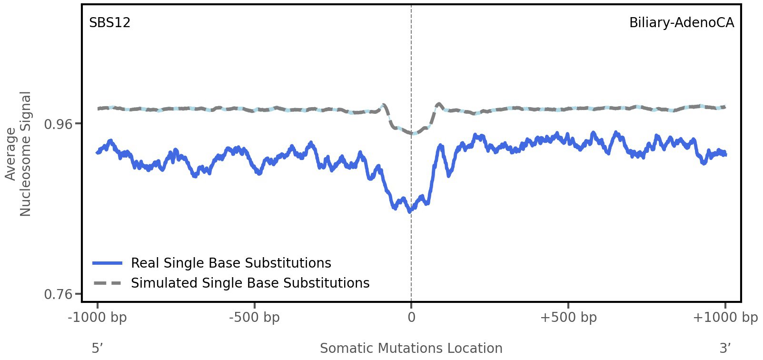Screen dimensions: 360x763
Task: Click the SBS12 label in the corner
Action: point(109,23)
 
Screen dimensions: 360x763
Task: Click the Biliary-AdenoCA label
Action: point(681,23)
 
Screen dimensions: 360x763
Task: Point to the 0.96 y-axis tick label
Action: point(58,124)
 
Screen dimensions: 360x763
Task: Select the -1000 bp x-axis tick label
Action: point(98,318)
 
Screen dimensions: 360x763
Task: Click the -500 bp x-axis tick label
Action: point(254,318)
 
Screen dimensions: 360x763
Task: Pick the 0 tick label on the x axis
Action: point(411,318)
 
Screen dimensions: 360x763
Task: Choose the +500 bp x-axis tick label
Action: point(568,318)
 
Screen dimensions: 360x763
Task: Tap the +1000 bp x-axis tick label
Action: point(725,318)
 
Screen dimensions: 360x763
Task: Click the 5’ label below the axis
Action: point(97,348)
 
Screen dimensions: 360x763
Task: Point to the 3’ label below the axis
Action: point(725,348)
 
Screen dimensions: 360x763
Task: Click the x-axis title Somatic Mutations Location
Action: point(411,349)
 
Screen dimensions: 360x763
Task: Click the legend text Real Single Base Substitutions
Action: point(231,263)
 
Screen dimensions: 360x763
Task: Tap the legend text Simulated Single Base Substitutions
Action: point(250,283)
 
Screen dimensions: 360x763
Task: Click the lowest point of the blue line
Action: point(410,211)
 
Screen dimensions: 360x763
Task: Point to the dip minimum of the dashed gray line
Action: point(413,133)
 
